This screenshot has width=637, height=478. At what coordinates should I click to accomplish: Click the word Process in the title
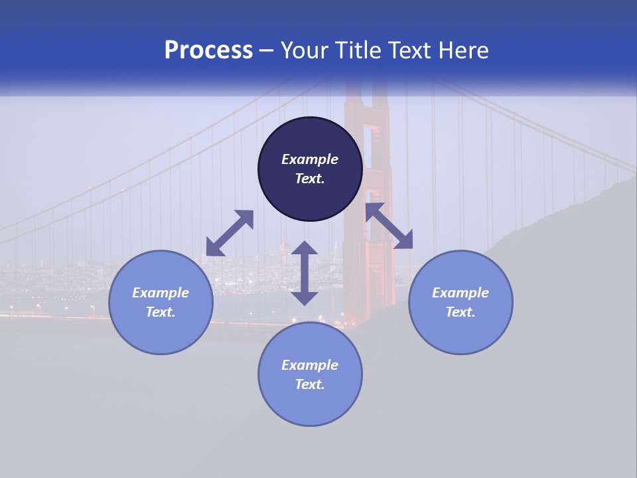208,50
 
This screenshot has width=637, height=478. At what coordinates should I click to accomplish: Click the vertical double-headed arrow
305,273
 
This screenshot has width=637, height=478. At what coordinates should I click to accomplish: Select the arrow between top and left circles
230,233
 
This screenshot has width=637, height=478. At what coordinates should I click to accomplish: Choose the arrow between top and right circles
389,226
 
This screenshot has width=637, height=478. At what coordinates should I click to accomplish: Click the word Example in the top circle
310,159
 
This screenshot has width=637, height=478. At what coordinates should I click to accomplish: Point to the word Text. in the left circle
161,312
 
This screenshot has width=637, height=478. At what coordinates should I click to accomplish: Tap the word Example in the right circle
460,293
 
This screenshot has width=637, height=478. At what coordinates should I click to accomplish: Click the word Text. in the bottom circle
310,384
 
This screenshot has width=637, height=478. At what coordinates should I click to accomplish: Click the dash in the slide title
267,51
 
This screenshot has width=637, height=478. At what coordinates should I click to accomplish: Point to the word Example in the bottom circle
310,365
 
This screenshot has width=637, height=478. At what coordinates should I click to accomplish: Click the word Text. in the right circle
460,312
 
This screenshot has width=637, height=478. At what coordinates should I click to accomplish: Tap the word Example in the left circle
161,293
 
